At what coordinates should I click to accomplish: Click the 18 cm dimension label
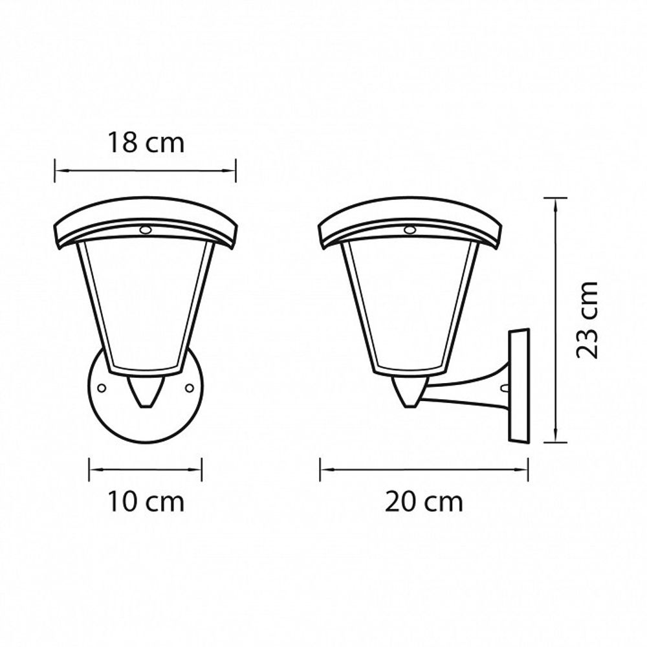146,143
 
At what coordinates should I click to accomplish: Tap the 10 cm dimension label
146,501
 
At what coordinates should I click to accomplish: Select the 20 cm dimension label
424,501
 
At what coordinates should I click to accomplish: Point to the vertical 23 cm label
587,320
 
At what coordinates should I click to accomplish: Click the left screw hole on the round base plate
101,388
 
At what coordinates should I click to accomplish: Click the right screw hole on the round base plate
190,388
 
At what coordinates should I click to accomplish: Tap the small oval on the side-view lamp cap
409,229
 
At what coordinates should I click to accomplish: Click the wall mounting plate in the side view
519,386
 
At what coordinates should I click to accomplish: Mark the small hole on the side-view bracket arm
504,389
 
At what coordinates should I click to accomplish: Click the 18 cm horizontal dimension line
146,171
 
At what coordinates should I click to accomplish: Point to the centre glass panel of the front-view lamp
146,304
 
